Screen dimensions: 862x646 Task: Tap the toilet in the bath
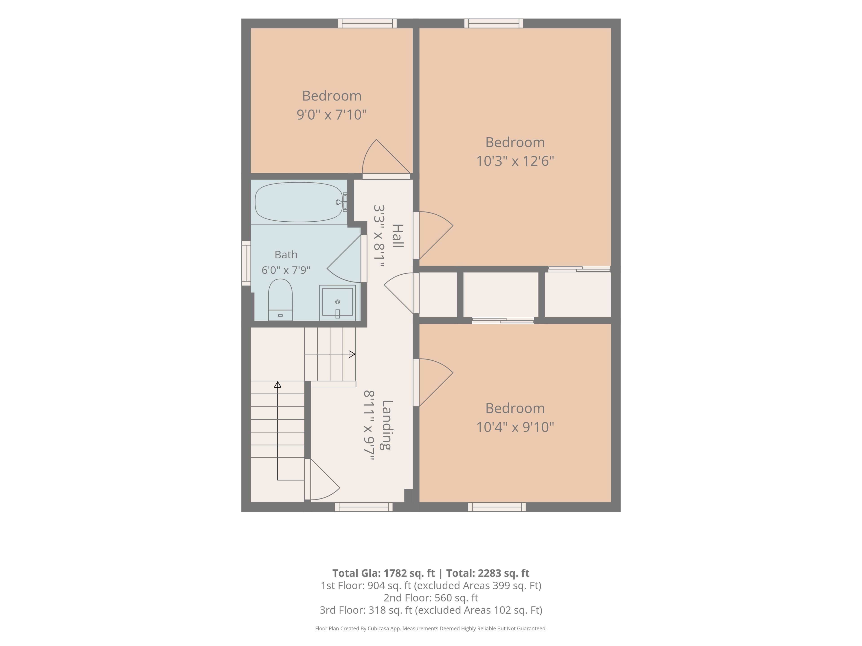click(x=280, y=299)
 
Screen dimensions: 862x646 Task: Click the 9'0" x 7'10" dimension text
click(x=332, y=115)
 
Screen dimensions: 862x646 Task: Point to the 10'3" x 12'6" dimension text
click(x=515, y=161)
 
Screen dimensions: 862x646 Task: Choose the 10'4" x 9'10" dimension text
click(x=515, y=427)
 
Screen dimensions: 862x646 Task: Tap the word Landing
click(x=387, y=425)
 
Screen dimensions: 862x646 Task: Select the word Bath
click(x=286, y=255)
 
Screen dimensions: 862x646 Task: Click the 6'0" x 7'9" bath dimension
click(x=286, y=270)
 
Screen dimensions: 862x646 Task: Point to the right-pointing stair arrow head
click(x=352, y=354)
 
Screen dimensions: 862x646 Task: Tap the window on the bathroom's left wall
click(x=246, y=263)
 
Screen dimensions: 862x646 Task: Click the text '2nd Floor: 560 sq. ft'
click(x=431, y=598)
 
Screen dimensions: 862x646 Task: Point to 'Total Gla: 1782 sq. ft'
click(x=383, y=573)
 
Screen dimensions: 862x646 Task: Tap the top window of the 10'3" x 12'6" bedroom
click(x=494, y=23)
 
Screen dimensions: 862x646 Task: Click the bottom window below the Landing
click(x=364, y=507)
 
